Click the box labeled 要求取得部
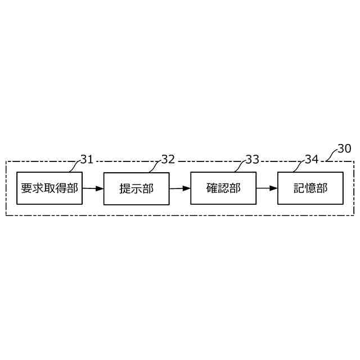(x=49, y=188)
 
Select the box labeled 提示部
(x=136, y=188)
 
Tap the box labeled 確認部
(x=223, y=188)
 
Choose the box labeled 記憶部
(x=310, y=188)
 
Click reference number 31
(x=87, y=159)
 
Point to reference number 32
(x=168, y=159)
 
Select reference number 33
(x=252, y=159)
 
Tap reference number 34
(x=312, y=159)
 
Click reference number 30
(x=344, y=148)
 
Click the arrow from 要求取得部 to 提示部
(x=93, y=188)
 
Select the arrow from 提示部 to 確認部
(x=180, y=188)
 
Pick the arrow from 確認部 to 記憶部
(x=267, y=188)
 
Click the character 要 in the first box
(x=26, y=188)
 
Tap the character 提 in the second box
(x=125, y=188)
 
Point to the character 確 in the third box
(x=212, y=188)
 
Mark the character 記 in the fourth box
(x=299, y=188)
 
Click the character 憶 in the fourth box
(x=310, y=188)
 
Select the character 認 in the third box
(x=223, y=188)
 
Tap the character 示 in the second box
(x=136, y=188)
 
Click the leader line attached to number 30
(x=331, y=157)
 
